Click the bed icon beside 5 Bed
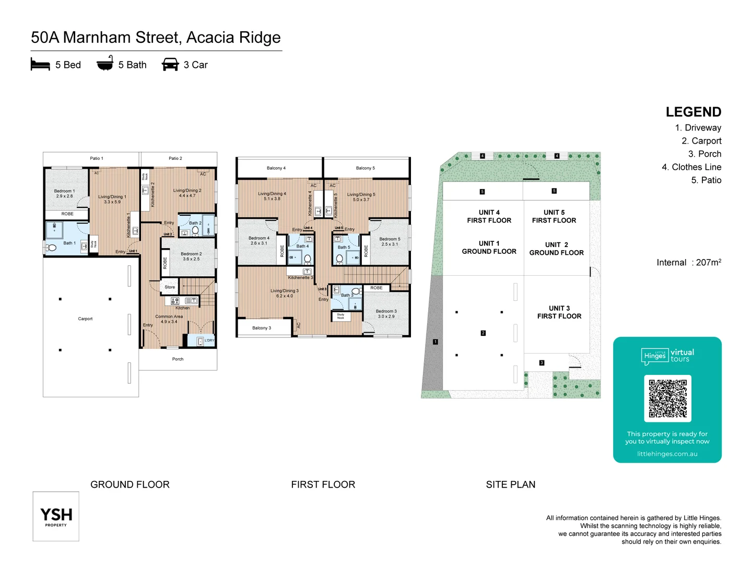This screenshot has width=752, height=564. (x=40, y=64)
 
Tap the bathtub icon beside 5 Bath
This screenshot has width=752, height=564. (x=105, y=63)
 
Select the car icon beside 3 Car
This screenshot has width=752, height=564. (x=170, y=64)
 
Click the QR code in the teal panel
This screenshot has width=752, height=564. (x=667, y=398)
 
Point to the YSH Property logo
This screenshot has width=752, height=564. (x=56, y=516)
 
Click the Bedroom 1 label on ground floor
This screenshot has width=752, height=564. (x=64, y=193)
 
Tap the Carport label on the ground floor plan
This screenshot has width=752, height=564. (x=85, y=319)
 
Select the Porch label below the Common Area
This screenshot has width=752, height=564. (x=178, y=359)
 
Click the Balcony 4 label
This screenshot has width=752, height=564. (x=276, y=168)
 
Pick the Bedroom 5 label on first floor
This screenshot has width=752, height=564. (x=390, y=241)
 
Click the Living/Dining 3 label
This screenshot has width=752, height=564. (x=285, y=293)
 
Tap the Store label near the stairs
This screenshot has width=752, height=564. (x=170, y=287)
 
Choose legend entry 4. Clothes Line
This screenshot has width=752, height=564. (x=691, y=167)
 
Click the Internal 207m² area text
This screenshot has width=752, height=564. (x=689, y=263)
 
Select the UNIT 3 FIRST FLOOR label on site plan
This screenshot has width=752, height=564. (x=559, y=312)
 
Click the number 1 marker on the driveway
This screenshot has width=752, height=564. (x=436, y=342)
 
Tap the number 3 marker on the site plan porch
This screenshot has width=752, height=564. (x=542, y=362)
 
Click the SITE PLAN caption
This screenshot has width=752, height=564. (x=510, y=485)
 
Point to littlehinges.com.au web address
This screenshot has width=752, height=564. (x=667, y=454)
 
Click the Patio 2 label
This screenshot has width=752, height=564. (x=175, y=158)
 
